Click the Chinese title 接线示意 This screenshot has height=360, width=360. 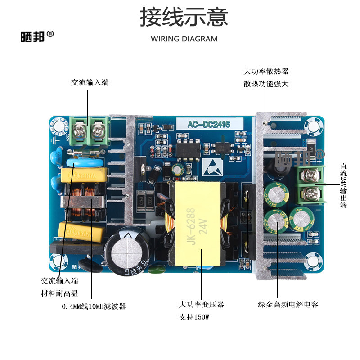tap(184, 17)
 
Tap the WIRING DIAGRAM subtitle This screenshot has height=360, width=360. tap(184, 39)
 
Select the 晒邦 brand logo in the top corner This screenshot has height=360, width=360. tap(37, 36)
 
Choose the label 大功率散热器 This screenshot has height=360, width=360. tap(266, 72)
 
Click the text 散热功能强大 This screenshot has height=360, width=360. tap(266, 84)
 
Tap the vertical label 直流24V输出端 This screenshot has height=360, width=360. tap(344, 185)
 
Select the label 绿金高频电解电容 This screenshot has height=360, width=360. tap(288, 305)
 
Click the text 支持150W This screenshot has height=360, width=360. tap(195, 317)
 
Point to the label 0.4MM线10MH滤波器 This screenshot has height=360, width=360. tap(94, 306)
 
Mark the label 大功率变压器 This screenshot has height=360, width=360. tap(201, 305)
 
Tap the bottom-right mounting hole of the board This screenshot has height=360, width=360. tap(313, 262)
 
